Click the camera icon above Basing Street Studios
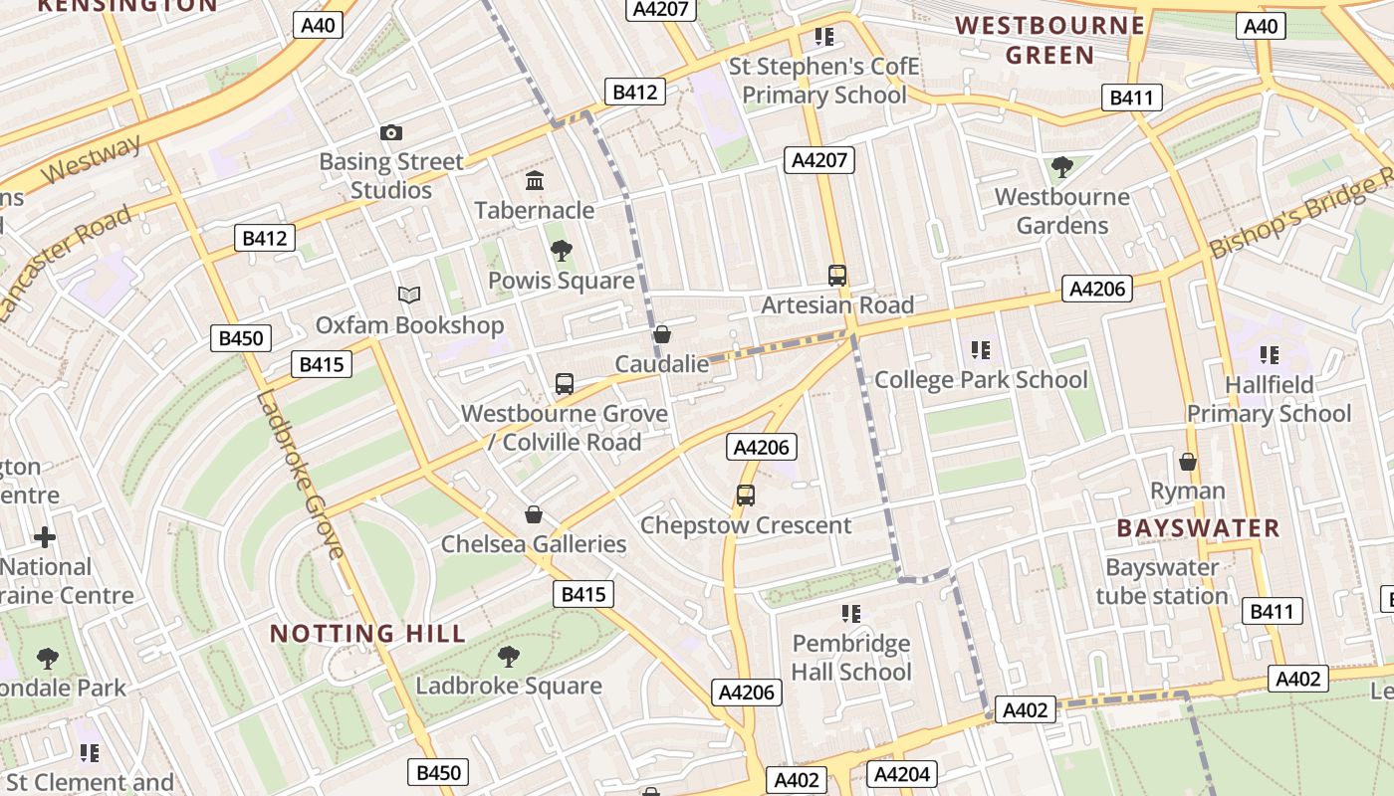click(x=391, y=132)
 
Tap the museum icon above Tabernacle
click(x=535, y=181)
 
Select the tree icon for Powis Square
click(x=561, y=250)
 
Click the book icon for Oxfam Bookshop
click(x=409, y=295)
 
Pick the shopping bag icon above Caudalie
click(x=661, y=334)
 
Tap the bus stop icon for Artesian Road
click(x=837, y=276)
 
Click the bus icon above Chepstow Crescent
click(x=745, y=495)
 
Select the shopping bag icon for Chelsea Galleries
click(x=534, y=514)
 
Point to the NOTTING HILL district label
click(x=367, y=634)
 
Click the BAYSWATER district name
click(x=1198, y=528)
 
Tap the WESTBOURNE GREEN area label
click(x=1049, y=40)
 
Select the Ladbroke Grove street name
click(x=300, y=474)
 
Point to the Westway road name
click(x=93, y=160)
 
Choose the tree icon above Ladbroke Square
click(x=509, y=657)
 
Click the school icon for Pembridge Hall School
click(x=850, y=613)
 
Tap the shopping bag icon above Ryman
click(x=1187, y=462)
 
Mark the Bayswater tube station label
click(x=1162, y=582)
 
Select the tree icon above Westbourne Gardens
click(x=1061, y=166)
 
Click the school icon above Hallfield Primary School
click(x=1269, y=354)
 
